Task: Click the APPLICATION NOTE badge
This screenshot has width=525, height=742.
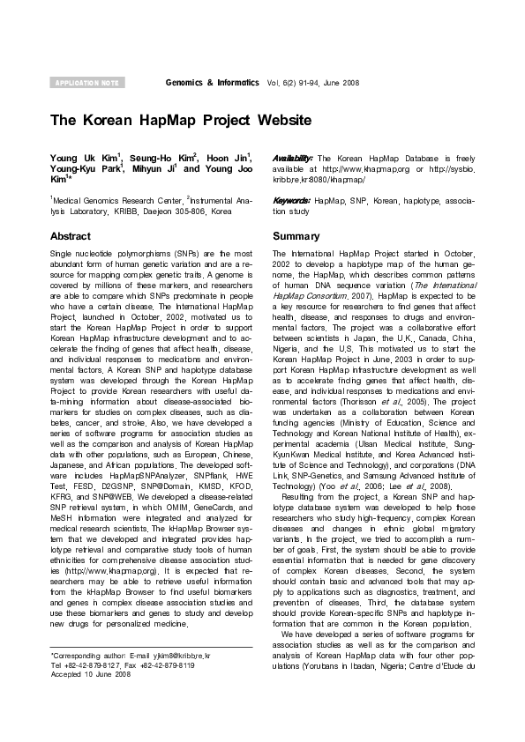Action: [x=86, y=82]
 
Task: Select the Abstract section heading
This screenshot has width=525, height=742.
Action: [x=70, y=237]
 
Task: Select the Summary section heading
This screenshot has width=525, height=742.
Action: [x=296, y=237]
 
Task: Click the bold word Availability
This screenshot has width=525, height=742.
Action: [x=292, y=157]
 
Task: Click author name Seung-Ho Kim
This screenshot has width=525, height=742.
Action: [x=158, y=157]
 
